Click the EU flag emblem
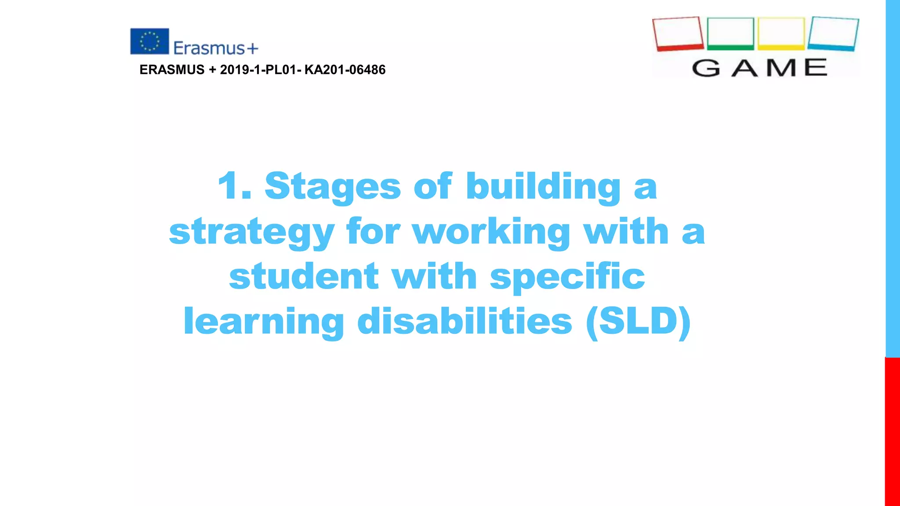tap(149, 41)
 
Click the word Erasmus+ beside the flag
tap(215, 48)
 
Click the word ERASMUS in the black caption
tap(172, 70)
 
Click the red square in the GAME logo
tap(678, 34)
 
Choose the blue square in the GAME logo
tap(833, 34)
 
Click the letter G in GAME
tap(706, 68)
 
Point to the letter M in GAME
tap(781, 68)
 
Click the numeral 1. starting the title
tap(235, 186)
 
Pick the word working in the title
tap(491, 232)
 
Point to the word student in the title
tap(304, 277)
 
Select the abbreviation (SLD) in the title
tap(638, 322)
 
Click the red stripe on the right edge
tap(892, 430)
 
